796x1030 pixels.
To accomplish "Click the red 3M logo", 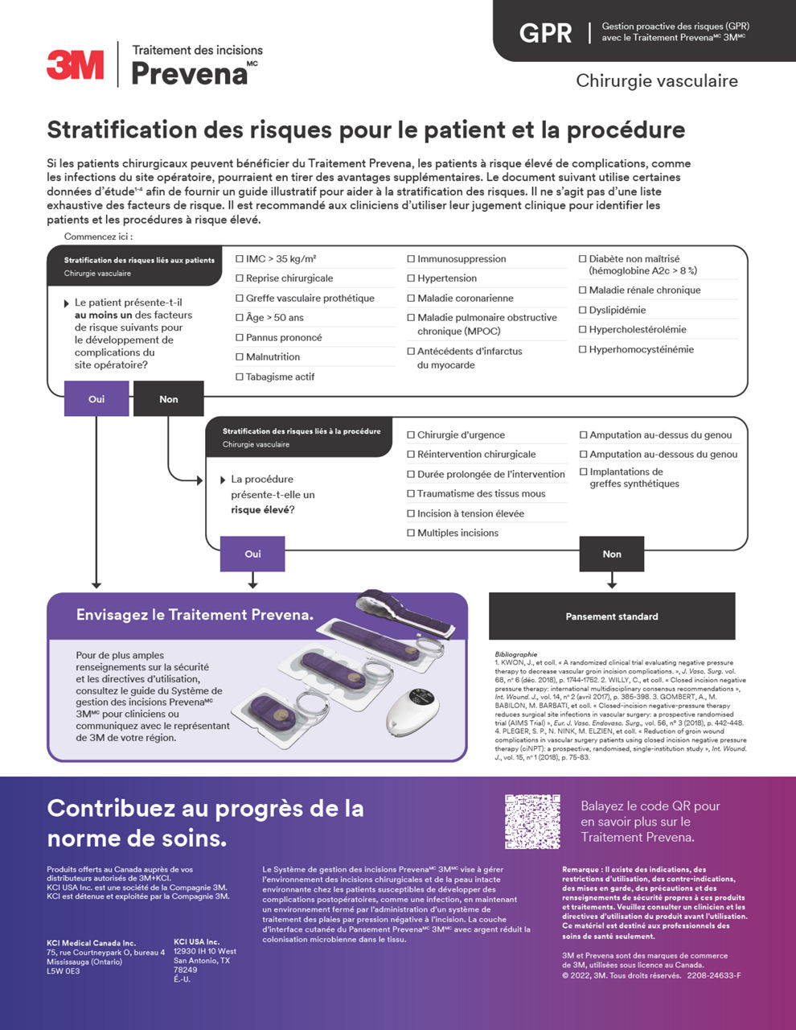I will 75,64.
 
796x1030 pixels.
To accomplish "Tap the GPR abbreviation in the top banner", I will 545,33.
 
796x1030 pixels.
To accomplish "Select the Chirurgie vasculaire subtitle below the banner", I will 656,80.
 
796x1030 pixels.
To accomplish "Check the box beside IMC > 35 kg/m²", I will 240,259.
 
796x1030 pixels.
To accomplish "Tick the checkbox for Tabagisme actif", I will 240,377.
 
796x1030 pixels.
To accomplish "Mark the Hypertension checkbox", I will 411,278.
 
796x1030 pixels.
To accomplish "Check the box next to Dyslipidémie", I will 583,310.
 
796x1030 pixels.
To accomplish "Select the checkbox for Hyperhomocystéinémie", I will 583,349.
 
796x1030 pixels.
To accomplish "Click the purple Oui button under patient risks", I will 96,399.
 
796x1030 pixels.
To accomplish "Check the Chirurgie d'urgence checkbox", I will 411,435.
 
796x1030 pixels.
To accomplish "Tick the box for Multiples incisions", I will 411,533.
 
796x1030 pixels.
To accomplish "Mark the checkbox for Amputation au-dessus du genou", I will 584,435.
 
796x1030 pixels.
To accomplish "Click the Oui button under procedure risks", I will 252,554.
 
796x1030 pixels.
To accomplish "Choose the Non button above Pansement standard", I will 612,554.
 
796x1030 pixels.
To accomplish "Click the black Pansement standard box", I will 612,616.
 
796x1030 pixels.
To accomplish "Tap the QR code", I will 532,822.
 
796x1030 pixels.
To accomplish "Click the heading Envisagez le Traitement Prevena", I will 195,615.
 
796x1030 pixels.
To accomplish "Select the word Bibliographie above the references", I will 516,654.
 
